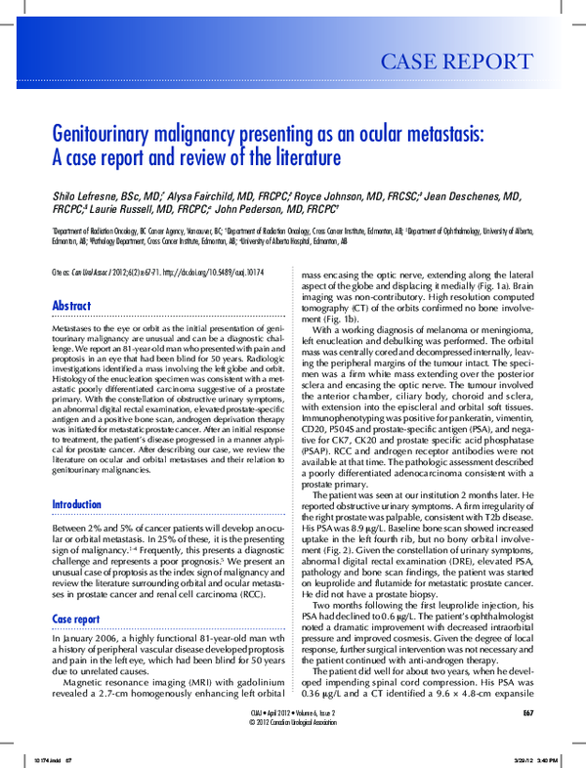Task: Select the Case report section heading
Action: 75,591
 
